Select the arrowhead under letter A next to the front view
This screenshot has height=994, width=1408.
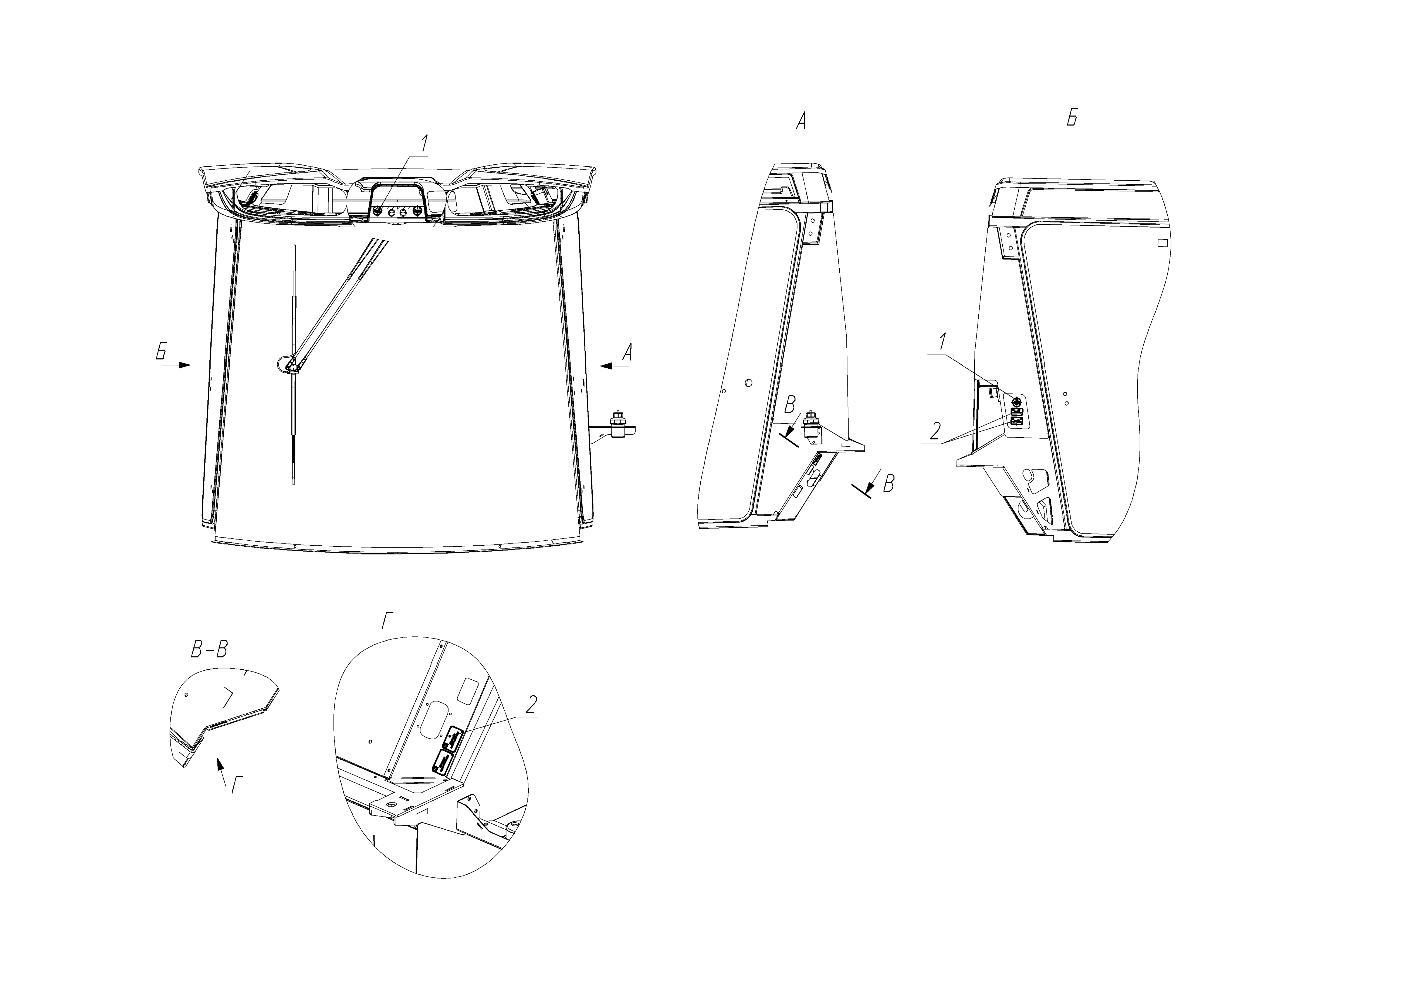pyautogui.click(x=606, y=366)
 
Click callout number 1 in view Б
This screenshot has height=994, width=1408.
pyautogui.click(x=943, y=342)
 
